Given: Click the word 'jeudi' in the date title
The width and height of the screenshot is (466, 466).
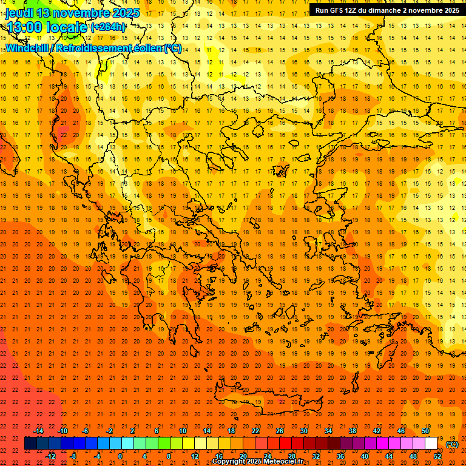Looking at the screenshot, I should [19, 13].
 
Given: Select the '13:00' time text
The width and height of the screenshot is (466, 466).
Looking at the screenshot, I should [24, 27].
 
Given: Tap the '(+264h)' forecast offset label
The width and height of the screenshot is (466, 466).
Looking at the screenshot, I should [108, 27].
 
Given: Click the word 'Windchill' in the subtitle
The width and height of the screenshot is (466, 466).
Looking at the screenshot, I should [30, 48].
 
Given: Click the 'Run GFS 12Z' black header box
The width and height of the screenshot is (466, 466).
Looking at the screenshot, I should [385, 10].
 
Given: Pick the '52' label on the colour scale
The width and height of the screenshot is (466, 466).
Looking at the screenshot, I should [437, 456].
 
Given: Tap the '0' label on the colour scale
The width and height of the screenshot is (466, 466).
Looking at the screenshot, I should [120, 456].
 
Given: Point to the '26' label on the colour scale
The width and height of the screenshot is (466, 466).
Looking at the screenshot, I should [279, 431].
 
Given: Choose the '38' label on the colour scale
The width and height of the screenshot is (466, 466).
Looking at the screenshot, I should [352, 431].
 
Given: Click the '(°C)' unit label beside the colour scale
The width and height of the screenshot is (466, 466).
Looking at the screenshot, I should [452, 444].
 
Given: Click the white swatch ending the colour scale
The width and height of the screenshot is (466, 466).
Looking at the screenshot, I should [431, 444].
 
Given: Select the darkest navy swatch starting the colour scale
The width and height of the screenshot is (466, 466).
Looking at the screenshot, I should [30, 444].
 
